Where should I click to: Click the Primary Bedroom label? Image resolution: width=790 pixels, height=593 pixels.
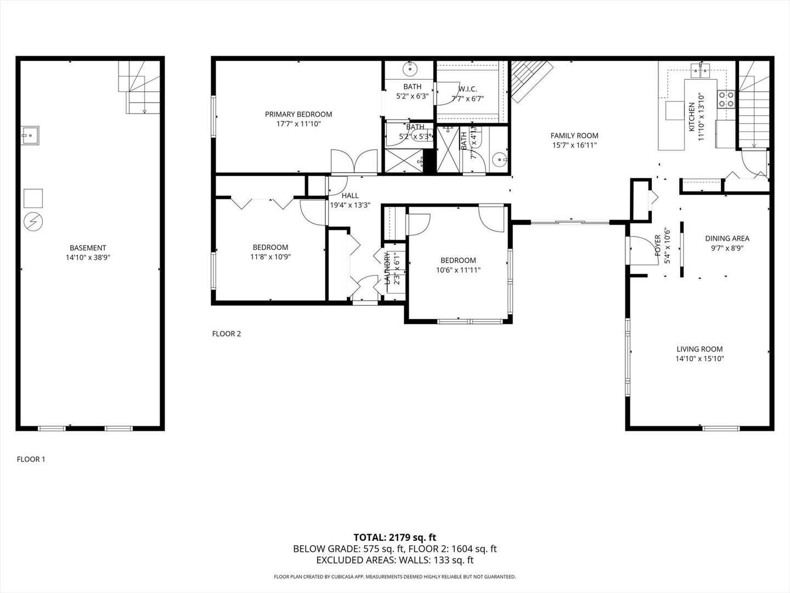pos(298,114)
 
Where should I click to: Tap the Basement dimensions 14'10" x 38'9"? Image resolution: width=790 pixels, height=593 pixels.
pos(88,257)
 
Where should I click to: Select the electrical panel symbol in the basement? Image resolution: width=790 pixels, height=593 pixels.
pos(33,221)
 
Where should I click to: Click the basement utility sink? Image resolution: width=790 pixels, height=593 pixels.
pos(30,135)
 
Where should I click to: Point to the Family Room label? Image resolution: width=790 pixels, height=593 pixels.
pos(574,136)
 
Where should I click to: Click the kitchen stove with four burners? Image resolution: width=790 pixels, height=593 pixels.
pos(727,99)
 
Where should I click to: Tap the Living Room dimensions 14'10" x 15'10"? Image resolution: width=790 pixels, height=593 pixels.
pos(699,359)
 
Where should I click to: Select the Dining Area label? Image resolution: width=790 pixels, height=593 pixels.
pos(727,238)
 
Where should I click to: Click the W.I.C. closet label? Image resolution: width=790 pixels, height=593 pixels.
pos(467,89)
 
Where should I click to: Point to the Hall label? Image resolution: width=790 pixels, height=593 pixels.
pos(350,195)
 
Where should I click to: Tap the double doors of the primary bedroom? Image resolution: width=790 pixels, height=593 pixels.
pos(354,163)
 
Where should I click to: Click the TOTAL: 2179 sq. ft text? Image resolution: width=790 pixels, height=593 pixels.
pos(394,537)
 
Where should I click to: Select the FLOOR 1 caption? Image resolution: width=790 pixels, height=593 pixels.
pos(31,459)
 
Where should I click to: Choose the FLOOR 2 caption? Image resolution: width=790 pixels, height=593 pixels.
pos(227,333)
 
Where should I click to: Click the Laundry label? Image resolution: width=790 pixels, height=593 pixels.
pos(387,268)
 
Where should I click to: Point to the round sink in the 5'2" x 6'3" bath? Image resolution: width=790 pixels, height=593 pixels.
pos(410,69)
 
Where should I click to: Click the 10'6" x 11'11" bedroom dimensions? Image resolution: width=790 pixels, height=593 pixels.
pos(458,270)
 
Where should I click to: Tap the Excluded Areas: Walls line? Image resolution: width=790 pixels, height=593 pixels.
pos(394,560)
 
